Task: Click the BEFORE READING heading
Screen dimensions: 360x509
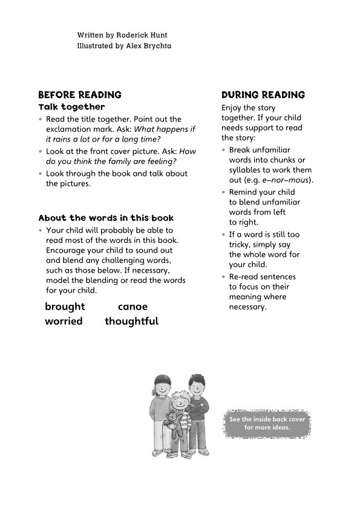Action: (80, 95)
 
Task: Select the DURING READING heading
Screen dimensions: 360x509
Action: (263, 95)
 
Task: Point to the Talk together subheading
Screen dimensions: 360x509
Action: (71, 107)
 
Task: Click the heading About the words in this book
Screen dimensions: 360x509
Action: (106, 218)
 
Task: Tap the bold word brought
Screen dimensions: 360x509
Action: (65, 306)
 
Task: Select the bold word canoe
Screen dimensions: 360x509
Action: (133, 306)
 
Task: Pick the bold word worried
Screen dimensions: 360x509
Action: (64, 321)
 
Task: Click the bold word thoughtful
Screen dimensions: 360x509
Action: (131, 321)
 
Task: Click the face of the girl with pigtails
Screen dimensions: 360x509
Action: (162, 390)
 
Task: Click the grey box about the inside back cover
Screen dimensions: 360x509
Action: (267, 423)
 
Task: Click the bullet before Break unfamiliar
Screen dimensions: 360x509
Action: (224, 150)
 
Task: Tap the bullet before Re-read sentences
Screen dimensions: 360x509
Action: (224, 277)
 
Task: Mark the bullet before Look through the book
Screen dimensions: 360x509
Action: (41, 173)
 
